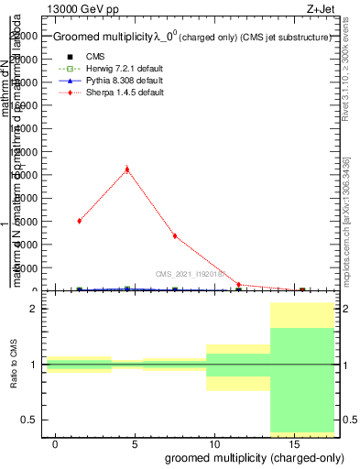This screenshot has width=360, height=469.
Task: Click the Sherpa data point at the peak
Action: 126,169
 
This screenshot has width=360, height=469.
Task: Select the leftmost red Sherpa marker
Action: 80,221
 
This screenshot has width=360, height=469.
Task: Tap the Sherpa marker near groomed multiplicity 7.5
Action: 174,236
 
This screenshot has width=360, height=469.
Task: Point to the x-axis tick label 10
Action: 213,443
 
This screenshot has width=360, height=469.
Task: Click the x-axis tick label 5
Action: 135,443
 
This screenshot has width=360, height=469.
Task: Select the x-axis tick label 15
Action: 292,443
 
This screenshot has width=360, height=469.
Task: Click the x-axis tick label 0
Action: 56,443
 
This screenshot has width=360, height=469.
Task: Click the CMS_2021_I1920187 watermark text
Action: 194,273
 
